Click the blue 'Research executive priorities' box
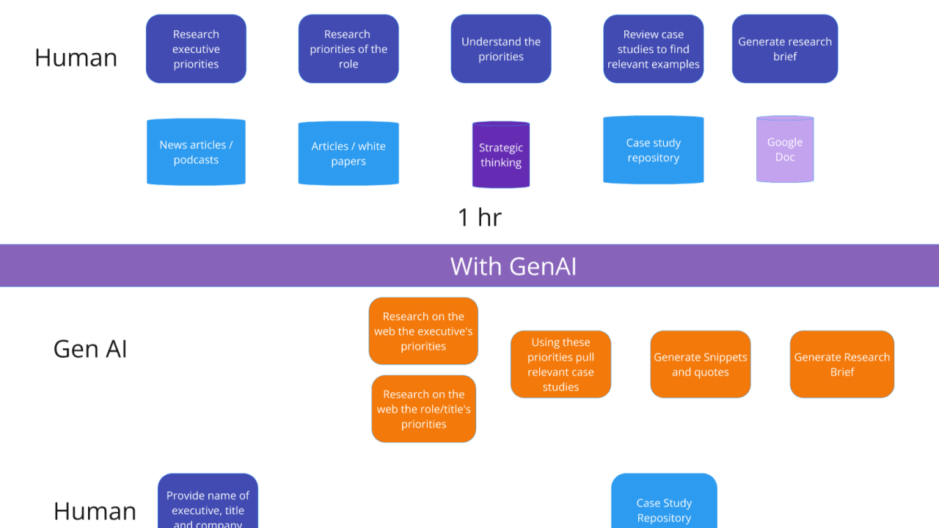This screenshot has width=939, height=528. [196, 49]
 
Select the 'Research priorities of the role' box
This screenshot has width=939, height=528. [348, 49]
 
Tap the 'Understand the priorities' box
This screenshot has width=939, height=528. [501, 49]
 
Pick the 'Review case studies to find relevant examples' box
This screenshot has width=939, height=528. [653, 49]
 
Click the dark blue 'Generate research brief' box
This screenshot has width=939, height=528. [784, 49]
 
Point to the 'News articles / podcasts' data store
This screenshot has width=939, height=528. [196, 152]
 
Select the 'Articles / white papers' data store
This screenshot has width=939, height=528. [348, 153]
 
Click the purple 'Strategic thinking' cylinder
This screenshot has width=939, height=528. [501, 155]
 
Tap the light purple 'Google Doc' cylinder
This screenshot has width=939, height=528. [785, 149]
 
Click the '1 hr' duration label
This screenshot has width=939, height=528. [480, 217]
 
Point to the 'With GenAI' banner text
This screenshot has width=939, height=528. [513, 266]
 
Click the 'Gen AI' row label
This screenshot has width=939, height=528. [90, 349]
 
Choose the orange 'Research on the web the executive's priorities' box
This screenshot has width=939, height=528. [423, 331]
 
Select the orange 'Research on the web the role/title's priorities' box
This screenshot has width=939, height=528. [423, 409]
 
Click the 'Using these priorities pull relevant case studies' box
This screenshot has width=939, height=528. [560, 364]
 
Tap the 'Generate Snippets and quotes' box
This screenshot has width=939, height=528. [700, 364]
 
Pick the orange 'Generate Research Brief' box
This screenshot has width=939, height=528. [841, 364]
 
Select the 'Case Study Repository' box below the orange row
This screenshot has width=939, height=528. [664, 506]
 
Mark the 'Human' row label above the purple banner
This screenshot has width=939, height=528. [76, 57]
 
